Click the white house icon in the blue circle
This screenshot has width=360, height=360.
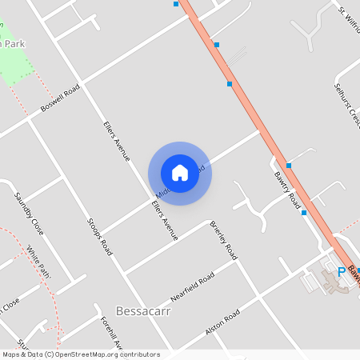coord(180,173)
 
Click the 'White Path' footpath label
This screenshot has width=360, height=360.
coord(38,262)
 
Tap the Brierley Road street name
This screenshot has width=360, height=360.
coord(223,238)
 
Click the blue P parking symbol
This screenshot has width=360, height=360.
coord(342,272)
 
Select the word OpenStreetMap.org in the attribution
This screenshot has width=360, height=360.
coord(94,354)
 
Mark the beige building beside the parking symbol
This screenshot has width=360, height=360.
coord(334,282)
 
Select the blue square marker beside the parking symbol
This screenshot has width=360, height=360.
coord(358,270)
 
